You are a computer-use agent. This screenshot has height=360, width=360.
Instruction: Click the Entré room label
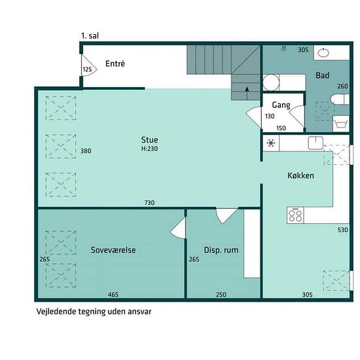pyautogui.click(x=115, y=63)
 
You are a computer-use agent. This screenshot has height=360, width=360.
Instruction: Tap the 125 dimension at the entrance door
pyautogui.click(x=87, y=69)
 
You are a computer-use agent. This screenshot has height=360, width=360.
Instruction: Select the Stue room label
pyautogui.click(x=149, y=140)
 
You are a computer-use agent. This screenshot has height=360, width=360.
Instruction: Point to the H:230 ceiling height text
pyautogui.click(x=149, y=149)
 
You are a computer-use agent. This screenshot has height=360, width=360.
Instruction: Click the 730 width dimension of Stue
pyautogui.click(x=149, y=203)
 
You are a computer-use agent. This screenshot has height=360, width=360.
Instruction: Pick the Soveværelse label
pyautogui.click(x=113, y=250)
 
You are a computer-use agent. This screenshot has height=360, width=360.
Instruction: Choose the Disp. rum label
pyautogui.click(x=221, y=250)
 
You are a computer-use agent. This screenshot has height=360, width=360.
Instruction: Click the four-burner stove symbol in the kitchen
pyautogui.click(x=295, y=215)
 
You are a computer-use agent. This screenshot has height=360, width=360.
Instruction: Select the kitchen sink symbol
pyautogui.click(x=315, y=143)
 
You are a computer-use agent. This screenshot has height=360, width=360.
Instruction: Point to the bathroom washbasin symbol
pyautogui.click(x=323, y=53)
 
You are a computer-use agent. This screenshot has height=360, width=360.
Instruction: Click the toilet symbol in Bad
pyautogui.click(x=340, y=99)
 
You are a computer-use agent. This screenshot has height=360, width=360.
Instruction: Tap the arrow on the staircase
pyautogui.click(x=247, y=93)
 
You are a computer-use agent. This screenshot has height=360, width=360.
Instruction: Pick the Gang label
pyautogui.click(x=281, y=105)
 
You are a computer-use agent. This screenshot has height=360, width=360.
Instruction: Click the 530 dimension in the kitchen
pyautogui.click(x=343, y=230)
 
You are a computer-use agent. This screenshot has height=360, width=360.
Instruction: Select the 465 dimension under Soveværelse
pyautogui.click(x=113, y=295)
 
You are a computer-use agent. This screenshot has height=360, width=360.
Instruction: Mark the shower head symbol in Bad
pyautogui.click(x=285, y=48)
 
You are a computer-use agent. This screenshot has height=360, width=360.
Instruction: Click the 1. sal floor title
pyautogui.click(x=90, y=36)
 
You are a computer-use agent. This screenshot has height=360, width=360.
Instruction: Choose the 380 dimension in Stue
pyautogui.click(x=86, y=151)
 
